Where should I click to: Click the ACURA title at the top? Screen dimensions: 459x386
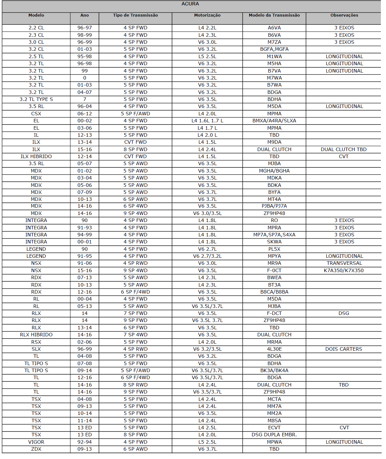[x=190, y=4]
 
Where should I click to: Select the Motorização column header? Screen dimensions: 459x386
[x=207, y=15]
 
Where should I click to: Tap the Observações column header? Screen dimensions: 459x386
[x=344, y=15]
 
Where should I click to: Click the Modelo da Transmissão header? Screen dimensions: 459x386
[x=274, y=15]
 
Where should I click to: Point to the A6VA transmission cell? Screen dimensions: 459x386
[x=274, y=28]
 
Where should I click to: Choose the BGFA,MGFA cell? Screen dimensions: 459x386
[x=274, y=49]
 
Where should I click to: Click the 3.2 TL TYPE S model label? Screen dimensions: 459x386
[x=36, y=99]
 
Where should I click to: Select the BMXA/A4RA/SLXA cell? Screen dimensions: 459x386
[x=274, y=121]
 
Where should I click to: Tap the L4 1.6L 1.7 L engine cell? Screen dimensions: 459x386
[x=207, y=121]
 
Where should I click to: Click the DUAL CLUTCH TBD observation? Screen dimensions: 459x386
[x=344, y=149]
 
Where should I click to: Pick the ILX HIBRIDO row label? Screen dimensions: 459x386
[x=36, y=157]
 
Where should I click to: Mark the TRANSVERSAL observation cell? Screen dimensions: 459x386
[x=344, y=263]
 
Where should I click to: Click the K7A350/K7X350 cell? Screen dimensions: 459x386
[x=344, y=271]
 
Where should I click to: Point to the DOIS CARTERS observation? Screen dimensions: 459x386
[x=344, y=349]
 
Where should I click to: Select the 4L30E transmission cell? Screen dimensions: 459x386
[x=274, y=349]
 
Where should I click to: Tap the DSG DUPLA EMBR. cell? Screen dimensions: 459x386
[x=274, y=435]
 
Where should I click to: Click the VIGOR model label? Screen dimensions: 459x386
[x=36, y=442]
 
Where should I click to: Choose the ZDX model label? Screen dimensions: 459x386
[x=36, y=449]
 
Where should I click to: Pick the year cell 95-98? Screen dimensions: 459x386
[x=84, y=57]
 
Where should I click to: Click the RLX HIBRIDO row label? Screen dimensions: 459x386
[x=36, y=335]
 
